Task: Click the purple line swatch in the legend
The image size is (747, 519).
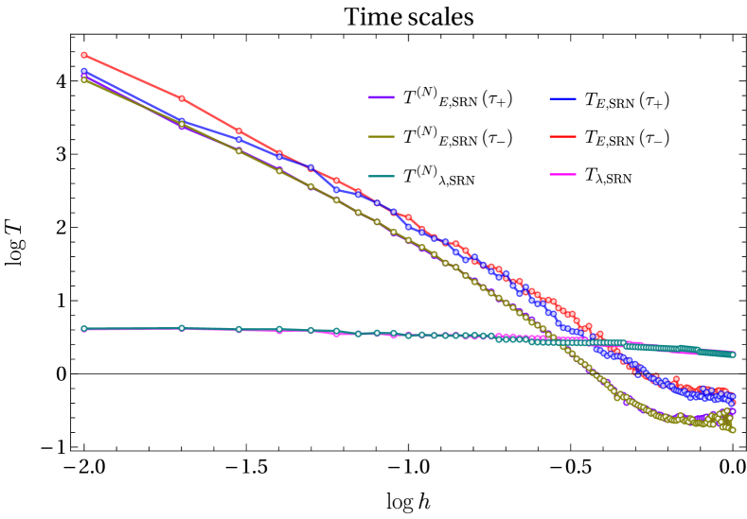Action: pyautogui.click(x=381, y=97)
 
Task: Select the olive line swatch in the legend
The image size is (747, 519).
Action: pyautogui.click(x=381, y=136)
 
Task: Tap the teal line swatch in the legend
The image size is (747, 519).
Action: pyautogui.click(x=381, y=176)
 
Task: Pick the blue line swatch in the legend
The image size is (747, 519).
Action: pyautogui.click(x=562, y=98)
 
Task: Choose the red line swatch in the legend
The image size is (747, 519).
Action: pyautogui.click(x=562, y=136)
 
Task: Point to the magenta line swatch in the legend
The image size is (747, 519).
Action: pyautogui.click(x=562, y=174)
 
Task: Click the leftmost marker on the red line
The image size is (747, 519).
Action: pyautogui.click(x=84, y=55)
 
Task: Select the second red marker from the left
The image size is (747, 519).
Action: pyautogui.click(x=182, y=98)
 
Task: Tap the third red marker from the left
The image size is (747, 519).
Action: pyautogui.click(x=239, y=130)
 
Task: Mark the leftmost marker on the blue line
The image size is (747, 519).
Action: pyautogui.click(x=84, y=71)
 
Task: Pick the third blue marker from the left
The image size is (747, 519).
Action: pyautogui.click(x=239, y=139)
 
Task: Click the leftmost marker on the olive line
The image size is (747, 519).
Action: pyautogui.click(x=84, y=80)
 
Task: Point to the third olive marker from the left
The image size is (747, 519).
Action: pyautogui.click(x=239, y=150)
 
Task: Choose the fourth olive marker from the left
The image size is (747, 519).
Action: pyautogui.click(x=279, y=170)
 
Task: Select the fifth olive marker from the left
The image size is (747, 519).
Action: pyautogui.click(x=311, y=186)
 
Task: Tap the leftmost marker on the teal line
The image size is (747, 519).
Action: pyautogui.click(x=84, y=329)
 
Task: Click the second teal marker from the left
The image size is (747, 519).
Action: pyautogui.click(x=182, y=328)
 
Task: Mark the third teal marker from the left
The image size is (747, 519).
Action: pyautogui.click(x=239, y=329)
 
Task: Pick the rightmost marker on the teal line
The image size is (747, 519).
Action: pyautogui.click(x=733, y=355)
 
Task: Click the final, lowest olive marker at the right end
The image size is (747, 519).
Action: pyautogui.click(x=732, y=430)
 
